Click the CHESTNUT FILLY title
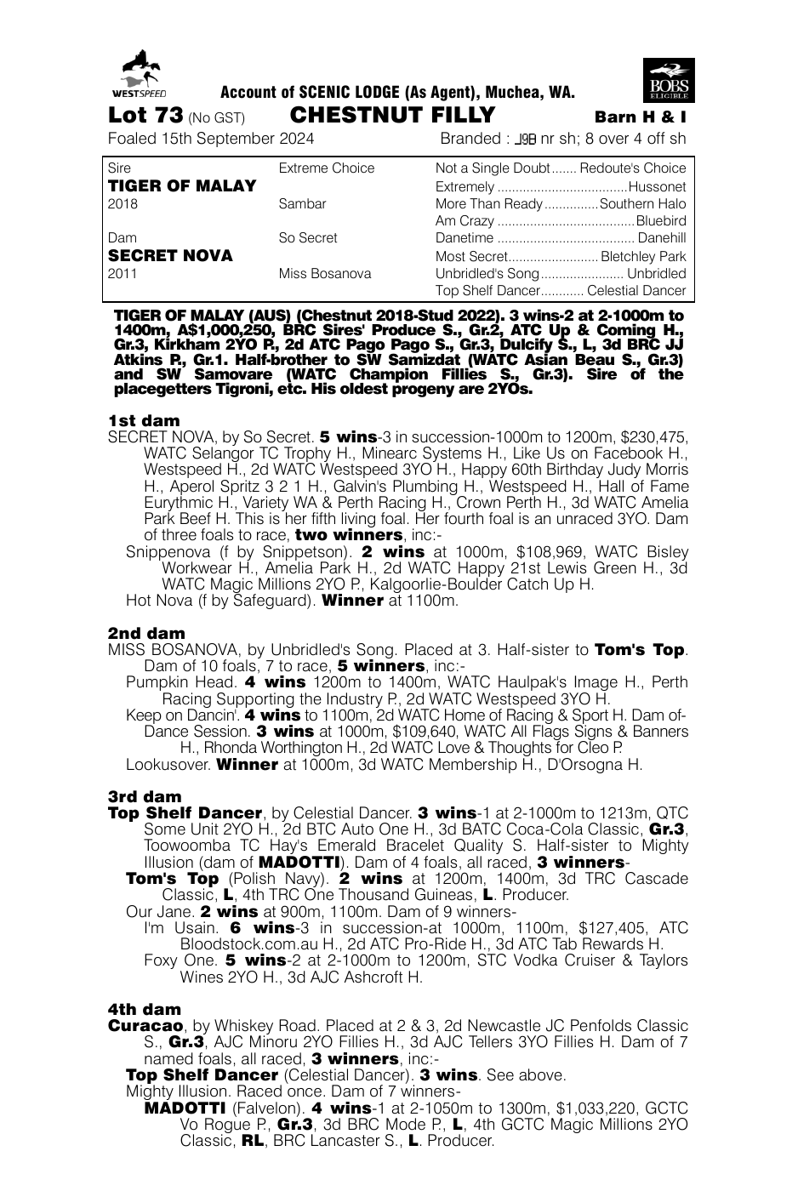point(392,116)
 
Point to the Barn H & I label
point(641,117)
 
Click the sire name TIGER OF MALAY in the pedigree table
point(182,186)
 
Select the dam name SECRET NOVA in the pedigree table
point(170,256)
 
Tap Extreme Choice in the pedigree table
point(327,168)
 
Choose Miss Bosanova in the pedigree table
point(325,274)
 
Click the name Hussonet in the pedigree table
point(657,186)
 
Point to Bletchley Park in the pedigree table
point(643,256)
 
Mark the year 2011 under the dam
point(123,274)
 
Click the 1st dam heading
point(145,421)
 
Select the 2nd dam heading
point(146,634)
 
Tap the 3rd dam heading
point(145,797)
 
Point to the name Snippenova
point(168,552)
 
